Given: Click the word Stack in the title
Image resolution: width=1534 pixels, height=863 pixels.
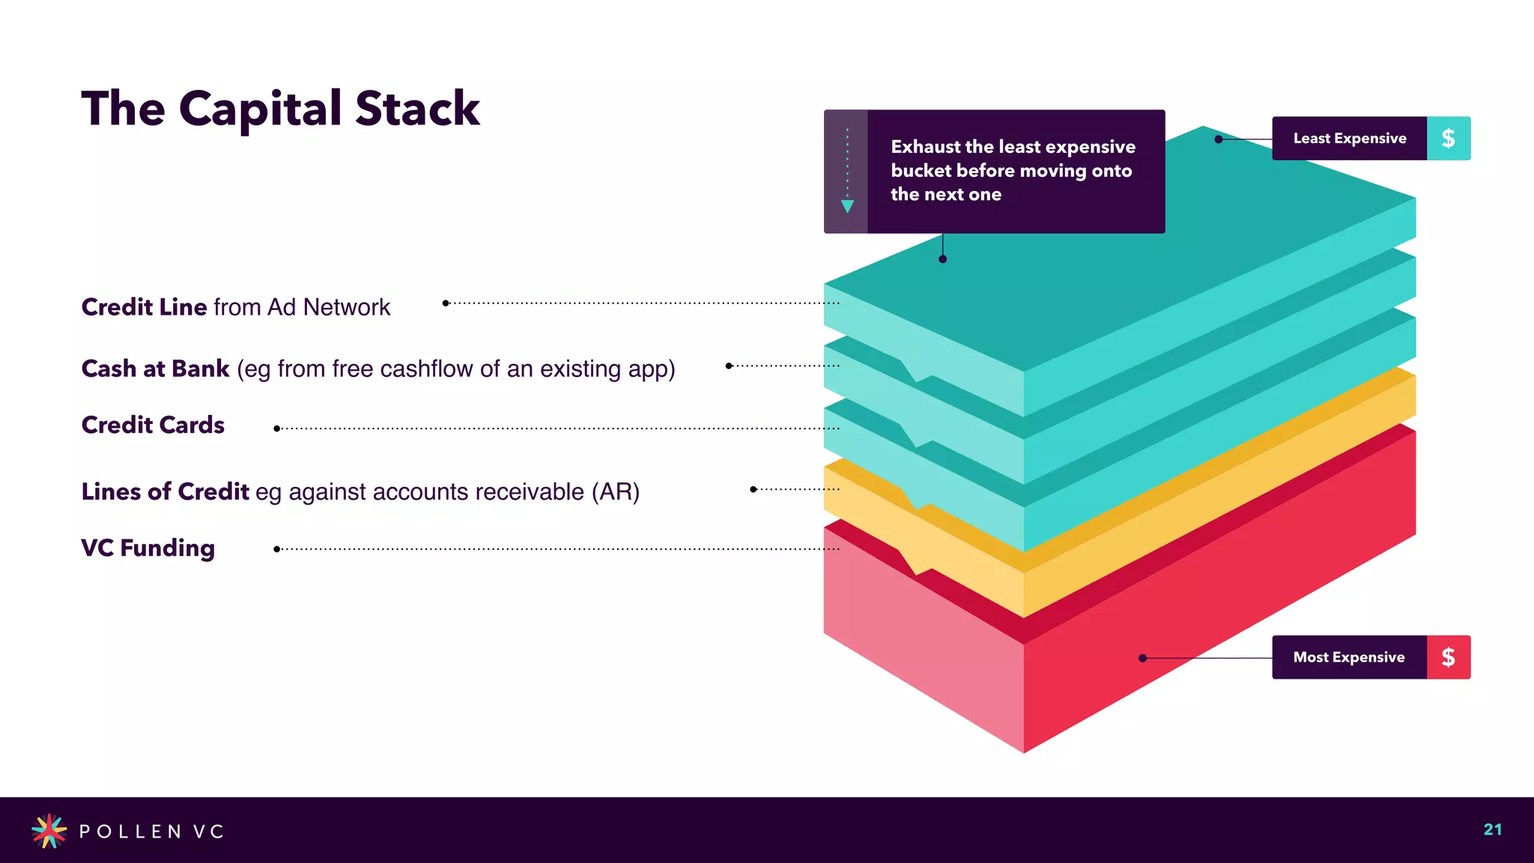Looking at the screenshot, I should (416, 109).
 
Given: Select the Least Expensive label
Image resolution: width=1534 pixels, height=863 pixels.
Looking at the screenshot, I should (1349, 139).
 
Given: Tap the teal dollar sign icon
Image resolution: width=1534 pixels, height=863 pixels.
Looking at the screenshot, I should (1448, 139).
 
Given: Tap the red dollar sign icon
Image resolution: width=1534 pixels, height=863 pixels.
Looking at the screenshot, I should (1448, 658).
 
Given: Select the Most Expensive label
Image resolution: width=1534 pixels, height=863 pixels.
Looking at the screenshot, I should (1348, 658).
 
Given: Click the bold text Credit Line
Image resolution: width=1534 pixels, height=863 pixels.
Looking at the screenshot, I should (144, 307).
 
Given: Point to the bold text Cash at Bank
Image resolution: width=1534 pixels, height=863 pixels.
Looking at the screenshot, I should (155, 369).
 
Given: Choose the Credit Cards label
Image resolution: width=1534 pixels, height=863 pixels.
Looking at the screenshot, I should (153, 425).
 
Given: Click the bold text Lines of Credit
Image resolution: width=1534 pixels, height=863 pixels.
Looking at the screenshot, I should (165, 491).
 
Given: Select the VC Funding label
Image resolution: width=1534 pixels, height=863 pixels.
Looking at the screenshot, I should (148, 548).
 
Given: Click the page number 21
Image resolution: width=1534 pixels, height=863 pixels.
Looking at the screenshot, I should (1492, 829).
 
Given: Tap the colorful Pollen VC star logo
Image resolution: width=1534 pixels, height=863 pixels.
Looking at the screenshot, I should (49, 831).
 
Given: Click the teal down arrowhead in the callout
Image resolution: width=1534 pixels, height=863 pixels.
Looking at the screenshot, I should (847, 206).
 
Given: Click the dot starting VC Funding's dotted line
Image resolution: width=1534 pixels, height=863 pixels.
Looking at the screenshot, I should (276, 549).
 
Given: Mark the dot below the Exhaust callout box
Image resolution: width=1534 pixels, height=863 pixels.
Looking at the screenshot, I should (942, 259).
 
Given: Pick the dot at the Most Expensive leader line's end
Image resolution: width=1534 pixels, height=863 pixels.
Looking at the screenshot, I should (1142, 658).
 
